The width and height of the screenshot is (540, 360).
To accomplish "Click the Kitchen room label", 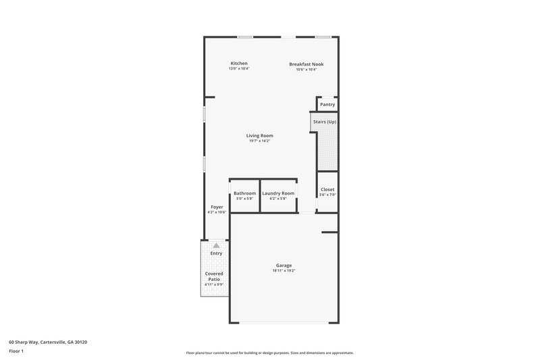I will pos(239,63).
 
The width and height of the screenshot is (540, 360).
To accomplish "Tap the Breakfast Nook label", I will pos(306,64).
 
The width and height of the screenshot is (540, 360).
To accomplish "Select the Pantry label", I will pos(327,105).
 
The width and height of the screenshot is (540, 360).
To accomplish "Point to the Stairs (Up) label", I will pos(324,122).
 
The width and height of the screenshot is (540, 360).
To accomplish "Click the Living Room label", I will pos(260,136).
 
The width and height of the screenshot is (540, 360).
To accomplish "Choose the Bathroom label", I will pos(244,193).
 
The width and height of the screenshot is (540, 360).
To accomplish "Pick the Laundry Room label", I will pos(278,193).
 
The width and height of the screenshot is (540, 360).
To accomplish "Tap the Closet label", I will pos(327,190).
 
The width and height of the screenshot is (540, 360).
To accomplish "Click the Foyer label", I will pos(217,207).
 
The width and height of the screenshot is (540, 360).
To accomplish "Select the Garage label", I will pos(283,265).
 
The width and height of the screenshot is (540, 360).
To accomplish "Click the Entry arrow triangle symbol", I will pos(216,246).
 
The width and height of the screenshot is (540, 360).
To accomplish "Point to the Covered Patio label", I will pos(214,276).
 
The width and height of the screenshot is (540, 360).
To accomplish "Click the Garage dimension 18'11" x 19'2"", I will pos(283,271).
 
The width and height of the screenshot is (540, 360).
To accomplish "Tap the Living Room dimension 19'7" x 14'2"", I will pos(260,141).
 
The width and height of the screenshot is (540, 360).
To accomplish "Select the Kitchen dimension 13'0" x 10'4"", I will pos(239,69).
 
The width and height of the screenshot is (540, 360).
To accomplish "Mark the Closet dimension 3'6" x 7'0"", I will pos(327,195).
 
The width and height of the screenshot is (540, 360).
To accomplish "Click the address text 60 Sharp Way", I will pos(47,342).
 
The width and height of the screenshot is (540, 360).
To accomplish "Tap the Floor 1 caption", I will pos(16,352).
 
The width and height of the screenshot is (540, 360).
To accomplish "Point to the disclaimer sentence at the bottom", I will pos(270,353).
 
